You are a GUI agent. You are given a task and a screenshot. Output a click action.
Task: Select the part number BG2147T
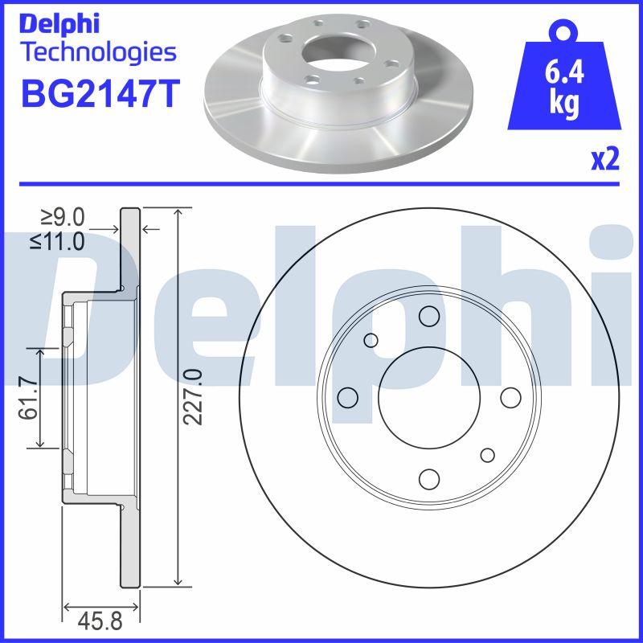coord(97,93)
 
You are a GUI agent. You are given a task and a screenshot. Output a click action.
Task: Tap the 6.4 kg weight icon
coord(563,88)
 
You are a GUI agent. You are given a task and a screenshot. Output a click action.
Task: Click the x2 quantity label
coord(605,160)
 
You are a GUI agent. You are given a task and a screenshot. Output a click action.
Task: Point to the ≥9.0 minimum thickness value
coord(63,218)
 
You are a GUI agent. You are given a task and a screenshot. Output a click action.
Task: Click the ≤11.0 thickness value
coord(58,240)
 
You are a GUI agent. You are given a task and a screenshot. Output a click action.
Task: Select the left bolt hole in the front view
coord(347,398)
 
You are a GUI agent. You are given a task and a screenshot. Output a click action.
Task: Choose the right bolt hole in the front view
coord(510,398)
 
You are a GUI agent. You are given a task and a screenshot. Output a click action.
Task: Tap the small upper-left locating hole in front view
coord(371,340)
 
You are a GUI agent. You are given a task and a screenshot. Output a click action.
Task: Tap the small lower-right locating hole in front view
coord(487,456)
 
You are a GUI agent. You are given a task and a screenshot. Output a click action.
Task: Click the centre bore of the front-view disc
coord(428,398)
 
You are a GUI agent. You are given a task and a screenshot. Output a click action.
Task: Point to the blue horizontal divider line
coord(321,183)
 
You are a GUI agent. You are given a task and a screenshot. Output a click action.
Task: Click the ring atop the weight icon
coord(563,32)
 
